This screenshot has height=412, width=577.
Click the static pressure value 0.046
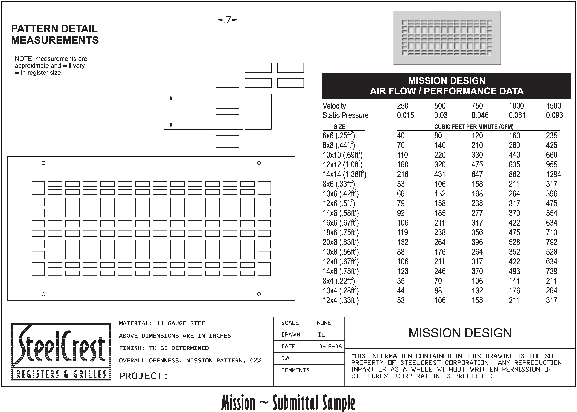(x=480, y=115)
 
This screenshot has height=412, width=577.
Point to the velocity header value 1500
(x=553, y=106)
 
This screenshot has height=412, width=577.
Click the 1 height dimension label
(x=174, y=112)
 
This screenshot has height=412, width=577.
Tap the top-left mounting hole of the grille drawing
(x=43, y=163)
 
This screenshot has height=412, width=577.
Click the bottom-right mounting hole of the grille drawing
(x=259, y=294)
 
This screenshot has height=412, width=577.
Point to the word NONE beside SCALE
(x=324, y=323)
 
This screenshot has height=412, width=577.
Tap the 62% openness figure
(x=256, y=360)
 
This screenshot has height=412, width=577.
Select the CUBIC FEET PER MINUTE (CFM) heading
(x=474, y=127)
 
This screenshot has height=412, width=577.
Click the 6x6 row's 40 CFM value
(x=401, y=135)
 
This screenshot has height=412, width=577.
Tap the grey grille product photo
(x=447, y=38)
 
